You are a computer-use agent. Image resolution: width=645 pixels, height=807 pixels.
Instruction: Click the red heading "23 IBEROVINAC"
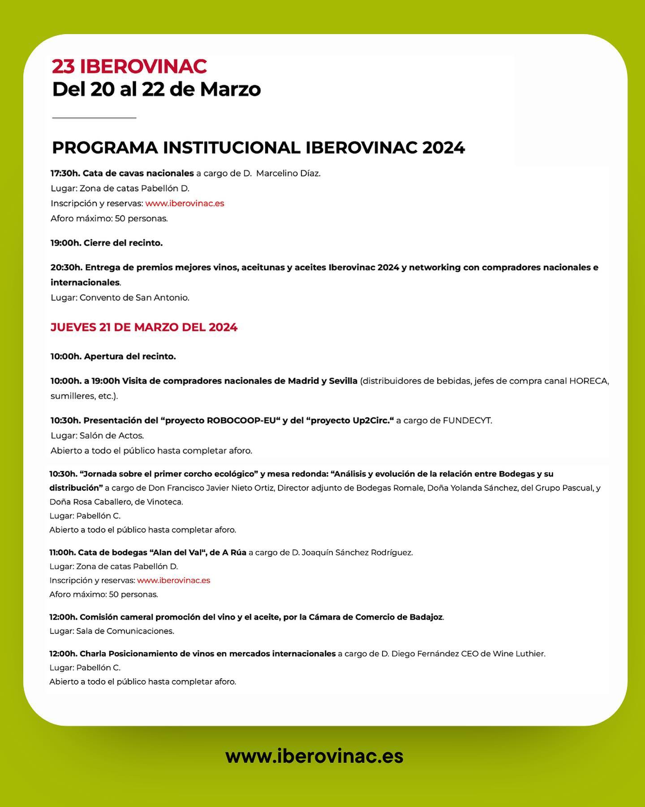tap(129, 66)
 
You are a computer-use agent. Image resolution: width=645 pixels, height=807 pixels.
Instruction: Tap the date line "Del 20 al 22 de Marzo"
tap(156, 89)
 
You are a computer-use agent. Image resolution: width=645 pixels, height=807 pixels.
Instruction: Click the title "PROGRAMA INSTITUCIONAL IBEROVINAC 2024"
tap(258, 148)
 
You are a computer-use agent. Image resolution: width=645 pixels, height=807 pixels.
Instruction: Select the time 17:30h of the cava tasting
tap(65, 174)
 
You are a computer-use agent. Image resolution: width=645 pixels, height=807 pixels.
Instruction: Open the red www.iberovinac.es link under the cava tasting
tap(185, 204)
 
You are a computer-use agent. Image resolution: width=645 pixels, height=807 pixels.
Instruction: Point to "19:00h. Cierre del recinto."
tap(107, 243)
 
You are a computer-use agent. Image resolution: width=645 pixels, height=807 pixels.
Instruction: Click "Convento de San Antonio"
tap(134, 298)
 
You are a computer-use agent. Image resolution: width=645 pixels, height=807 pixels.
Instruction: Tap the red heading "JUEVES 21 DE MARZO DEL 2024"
tap(144, 327)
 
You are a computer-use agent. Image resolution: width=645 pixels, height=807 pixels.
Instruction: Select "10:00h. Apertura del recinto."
tap(113, 356)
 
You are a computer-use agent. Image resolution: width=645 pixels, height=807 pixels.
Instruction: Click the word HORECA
tap(589, 381)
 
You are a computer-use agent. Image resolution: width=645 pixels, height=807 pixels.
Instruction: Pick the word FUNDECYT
tap(467, 421)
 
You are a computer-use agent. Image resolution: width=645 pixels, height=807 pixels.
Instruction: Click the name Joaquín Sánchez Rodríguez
tap(357, 553)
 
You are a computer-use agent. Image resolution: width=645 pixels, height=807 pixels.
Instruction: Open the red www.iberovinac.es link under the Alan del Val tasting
tap(173, 581)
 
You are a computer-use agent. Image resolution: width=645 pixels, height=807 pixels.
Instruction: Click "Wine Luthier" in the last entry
tap(518, 654)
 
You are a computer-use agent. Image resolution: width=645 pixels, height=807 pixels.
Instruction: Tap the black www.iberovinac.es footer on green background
tap(314, 756)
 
